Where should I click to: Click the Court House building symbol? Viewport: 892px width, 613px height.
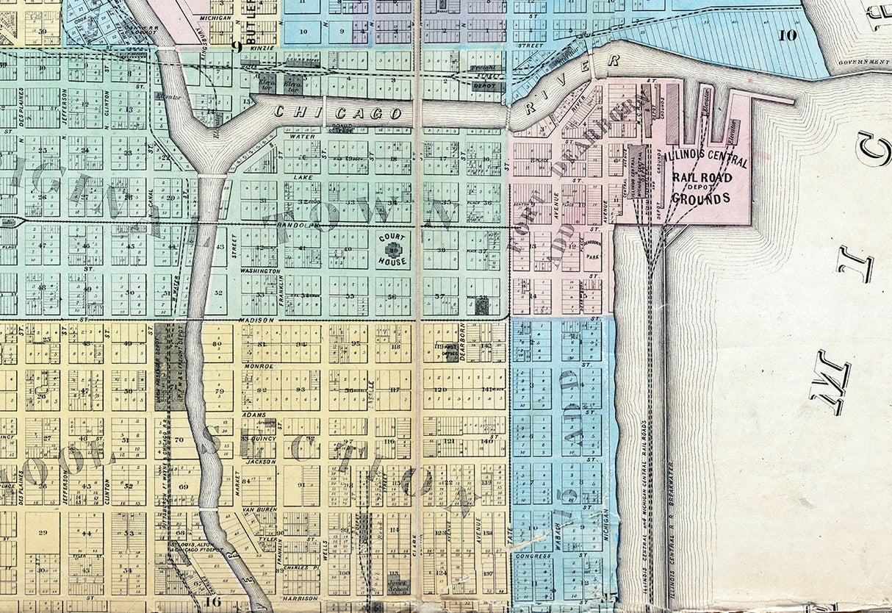tap(392, 250)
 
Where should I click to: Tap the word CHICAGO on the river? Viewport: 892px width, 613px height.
tap(339, 113)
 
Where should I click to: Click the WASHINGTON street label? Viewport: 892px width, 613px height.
tap(260, 271)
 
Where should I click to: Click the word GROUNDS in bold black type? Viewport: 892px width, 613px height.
tap(700, 198)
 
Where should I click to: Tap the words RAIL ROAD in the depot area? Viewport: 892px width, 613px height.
tap(701, 177)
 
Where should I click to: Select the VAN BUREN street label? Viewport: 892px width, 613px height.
tap(258, 509)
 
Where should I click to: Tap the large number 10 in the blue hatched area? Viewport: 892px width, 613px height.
tap(787, 34)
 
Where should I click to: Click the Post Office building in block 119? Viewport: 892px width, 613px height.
tap(447, 351)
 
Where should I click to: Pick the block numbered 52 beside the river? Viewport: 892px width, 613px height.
tap(218, 293)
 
